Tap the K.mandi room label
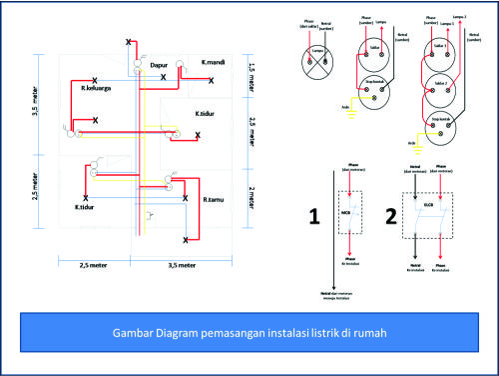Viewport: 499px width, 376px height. click(213, 62)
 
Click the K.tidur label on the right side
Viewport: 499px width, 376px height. click(209, 113)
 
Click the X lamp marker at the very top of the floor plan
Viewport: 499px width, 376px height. click(127, 41)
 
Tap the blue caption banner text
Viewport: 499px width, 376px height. click(249, 331)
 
